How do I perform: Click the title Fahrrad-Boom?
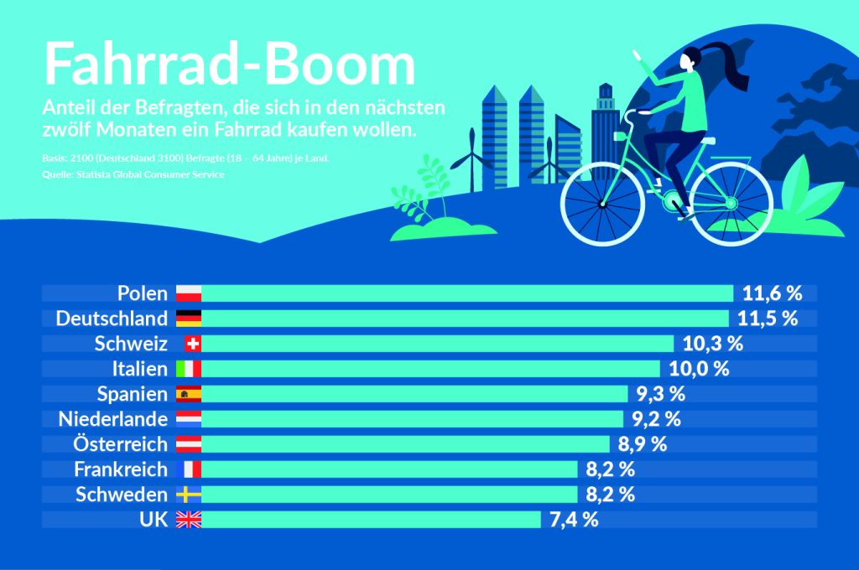click(229, 64)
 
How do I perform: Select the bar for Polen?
click(467, 293)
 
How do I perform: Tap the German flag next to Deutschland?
click(189, 319)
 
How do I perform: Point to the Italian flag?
click(189, 369)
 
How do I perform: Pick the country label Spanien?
click(133, 394)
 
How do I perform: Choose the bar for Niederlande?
click(412, 419)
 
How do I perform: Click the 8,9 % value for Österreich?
click(642, 444)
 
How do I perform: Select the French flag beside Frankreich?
click(189, 469)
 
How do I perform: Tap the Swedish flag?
click(189, 495)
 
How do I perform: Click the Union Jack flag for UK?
click(189, 520)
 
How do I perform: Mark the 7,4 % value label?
click(574, 520)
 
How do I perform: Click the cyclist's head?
click(692, 60)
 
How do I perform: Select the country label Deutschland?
click(112, 319)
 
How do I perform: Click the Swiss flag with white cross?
click(192, 344)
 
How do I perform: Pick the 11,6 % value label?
click(773, 293)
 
